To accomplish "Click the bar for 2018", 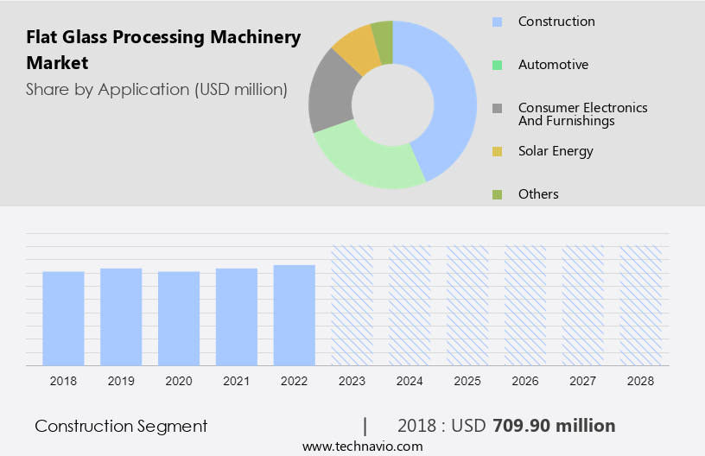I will pos(63,318).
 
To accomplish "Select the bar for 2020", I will pos(179,318).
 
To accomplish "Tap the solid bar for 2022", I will pos(295,314).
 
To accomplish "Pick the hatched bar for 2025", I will pos(467,305).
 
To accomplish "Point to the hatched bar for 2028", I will pos(641,305).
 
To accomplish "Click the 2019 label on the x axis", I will pos(121,381).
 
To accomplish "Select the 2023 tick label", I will pos(352,381).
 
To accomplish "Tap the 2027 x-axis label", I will pos(583,381).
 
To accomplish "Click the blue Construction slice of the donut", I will pos(449,95).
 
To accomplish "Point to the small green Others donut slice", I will pos(383,41).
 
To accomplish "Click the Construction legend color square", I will pos(497,22).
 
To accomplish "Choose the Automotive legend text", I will pos(553,65).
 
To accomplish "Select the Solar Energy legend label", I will pos(556,151).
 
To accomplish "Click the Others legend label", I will pos(538,194).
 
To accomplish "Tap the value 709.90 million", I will pos(554,426).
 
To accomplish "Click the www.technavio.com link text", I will pos(362,446).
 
